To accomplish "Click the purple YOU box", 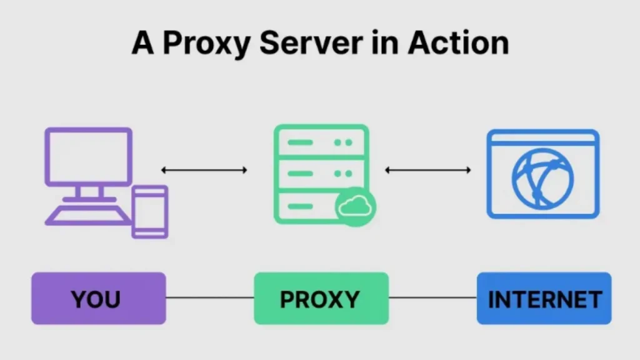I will (x=99, y=299).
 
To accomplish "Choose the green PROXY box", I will (x=321, y=299).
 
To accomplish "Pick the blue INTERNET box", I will (x=544, y=299).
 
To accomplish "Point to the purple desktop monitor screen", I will (x=88, y=156).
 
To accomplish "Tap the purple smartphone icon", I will (x=150, y=211).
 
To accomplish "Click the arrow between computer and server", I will (x=204, y=169).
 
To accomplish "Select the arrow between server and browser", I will (x=427, y=169).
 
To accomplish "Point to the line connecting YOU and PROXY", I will (x=210, y=298).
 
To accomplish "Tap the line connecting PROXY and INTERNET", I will (x=432, y=298).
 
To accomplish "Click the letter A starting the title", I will (x=142, y=43).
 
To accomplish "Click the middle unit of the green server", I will (x=321, y=173).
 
